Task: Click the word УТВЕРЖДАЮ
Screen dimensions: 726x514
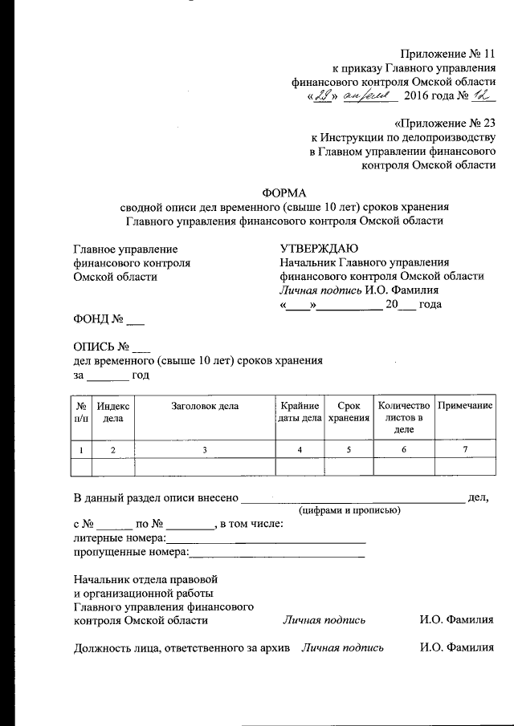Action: click(320, 249)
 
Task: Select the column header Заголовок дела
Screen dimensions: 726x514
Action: click(205, 406)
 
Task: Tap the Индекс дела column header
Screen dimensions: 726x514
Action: click(114, 412)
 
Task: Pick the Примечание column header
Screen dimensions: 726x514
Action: click(464, 406)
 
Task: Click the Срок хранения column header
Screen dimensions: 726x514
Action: click(349, 412)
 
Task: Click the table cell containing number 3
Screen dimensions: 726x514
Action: click(205, 449)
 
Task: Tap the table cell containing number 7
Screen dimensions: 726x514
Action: click(464, 449)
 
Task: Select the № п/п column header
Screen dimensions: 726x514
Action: click(82, 412)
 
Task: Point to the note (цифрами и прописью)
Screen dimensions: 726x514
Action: click(350, 510)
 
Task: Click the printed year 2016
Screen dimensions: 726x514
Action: click(418, 97)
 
